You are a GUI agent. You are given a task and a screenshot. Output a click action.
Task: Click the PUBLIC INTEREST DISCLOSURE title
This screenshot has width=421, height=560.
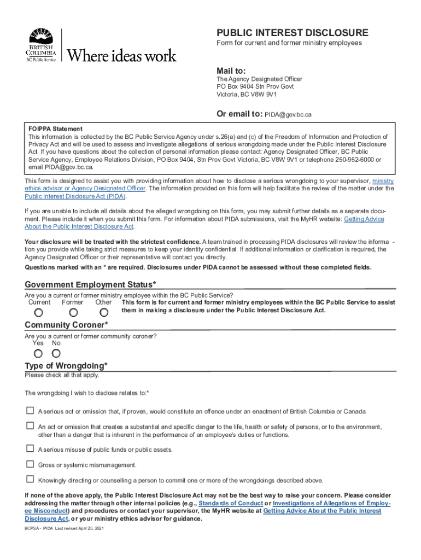[x=293, y=33]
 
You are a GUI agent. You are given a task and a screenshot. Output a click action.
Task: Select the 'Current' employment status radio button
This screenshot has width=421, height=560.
[x=39, y=313]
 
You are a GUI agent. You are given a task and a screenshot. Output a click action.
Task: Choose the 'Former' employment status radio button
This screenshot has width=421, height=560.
[x=73, y=313]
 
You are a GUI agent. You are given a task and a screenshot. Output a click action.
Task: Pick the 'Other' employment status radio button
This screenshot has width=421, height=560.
[x=104, y=313]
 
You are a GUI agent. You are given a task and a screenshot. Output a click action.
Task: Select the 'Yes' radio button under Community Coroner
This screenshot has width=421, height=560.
[x=38, y=353]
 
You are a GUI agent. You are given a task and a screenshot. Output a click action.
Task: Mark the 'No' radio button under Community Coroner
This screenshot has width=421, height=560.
[x=56, y=353]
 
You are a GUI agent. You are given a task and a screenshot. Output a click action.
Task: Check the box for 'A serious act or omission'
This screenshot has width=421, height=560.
[x=30, y=411]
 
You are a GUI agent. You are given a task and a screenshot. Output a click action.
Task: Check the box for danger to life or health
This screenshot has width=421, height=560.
[x=30, y=425]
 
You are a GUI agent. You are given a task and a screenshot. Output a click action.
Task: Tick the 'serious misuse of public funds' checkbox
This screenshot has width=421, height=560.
[x=30, y=449]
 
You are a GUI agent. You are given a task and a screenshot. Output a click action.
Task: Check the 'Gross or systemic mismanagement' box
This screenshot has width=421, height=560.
[x=30, y=464]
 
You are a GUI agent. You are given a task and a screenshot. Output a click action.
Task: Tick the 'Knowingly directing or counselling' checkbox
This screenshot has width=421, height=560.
[x=30, y=480]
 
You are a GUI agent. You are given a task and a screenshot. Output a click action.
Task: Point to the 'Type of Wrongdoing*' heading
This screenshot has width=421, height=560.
[x=66, y=366]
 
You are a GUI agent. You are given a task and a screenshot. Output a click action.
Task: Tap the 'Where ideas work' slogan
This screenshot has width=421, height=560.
[x=121, y=55]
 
